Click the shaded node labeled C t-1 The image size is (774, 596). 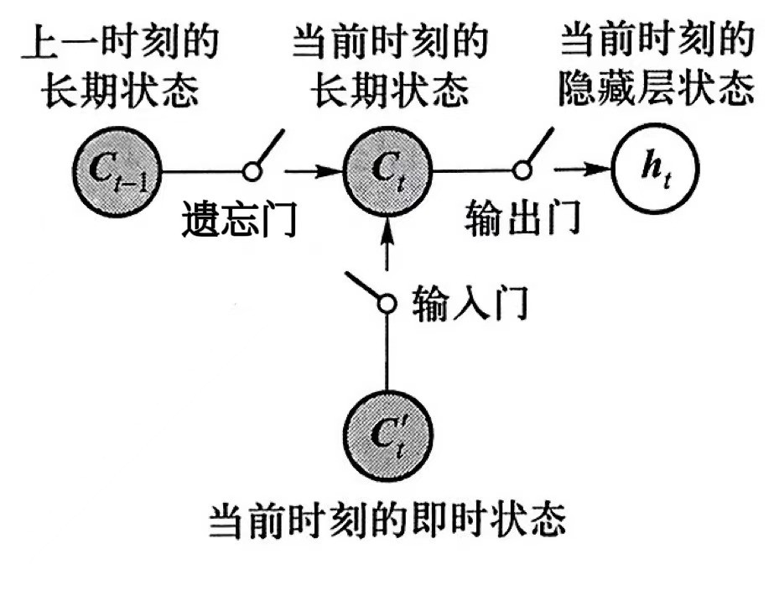click(118, 171)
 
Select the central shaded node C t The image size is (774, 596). click(387, 171)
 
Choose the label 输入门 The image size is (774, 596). click(470, 303)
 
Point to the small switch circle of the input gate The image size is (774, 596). click(387, 303)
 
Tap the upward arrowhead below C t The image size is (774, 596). click(387, 225)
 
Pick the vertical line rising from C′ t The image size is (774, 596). click(387, 353)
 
